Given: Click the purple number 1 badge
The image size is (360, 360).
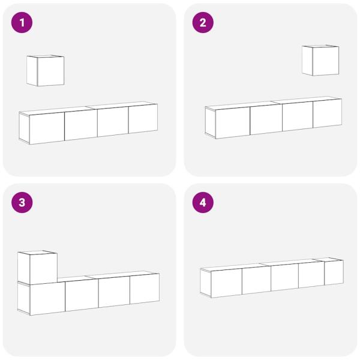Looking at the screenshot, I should (x=22, y=23).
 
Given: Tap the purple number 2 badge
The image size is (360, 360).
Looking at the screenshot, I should (x=202, y=23).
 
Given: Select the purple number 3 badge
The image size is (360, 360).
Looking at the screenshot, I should (x=22, y=203).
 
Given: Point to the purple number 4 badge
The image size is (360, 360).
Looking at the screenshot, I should (x=202, y=203).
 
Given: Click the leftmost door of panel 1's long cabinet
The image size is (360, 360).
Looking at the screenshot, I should (x=47, y=127).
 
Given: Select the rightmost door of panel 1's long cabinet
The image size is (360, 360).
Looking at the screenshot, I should (x=143, y=119).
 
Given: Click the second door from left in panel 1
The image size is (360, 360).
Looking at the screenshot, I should (x=81, y=124).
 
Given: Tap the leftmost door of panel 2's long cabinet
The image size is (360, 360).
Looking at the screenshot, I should (x=232, y=123).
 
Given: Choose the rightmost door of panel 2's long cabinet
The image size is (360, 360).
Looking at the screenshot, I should (x=327, y=113).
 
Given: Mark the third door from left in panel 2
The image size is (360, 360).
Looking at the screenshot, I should (x=298, y=116).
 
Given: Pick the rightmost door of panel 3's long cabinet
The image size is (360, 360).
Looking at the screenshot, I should (x=145, y=289).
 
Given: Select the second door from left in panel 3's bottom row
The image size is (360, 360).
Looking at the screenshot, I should (x=82, y=295).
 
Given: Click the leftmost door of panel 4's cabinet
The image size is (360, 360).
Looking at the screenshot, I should (x=226, y=283).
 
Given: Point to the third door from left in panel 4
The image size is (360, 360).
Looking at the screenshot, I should (x=284, y=277).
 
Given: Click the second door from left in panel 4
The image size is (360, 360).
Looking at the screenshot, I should (x=256, y=280).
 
